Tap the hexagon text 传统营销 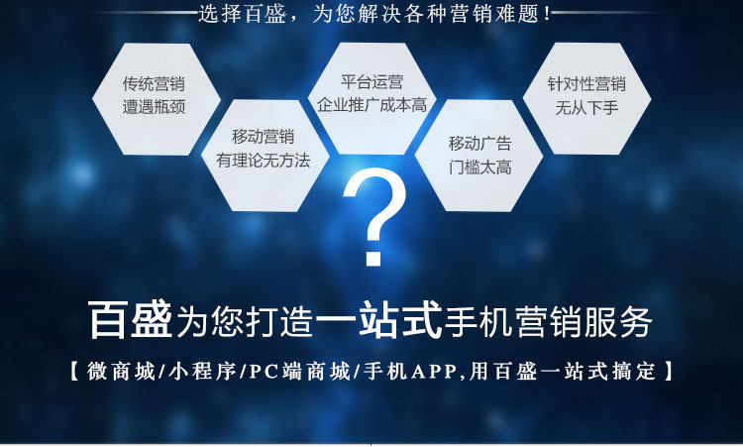click(x=154, y=84)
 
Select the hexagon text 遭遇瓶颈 click(x=154, y=107)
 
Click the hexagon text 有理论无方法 click(x=263, y=161)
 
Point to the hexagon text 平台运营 click(x=371, y=81)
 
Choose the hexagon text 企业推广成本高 click(x=371, y=104)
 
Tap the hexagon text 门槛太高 click(x=480, y=167)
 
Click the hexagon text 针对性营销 click(x=586, y=84)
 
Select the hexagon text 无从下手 click(x=586, y=108)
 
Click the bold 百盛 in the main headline click(x=131, y=319)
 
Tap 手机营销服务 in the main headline click(x=548, y=321)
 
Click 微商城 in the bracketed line click(x=121, y=371)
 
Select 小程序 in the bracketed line click(x=202, y=371)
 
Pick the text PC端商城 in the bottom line click(x=299, y=371)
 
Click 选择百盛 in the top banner click(x=241, y=13)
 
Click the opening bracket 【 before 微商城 click(x=74, y=371)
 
